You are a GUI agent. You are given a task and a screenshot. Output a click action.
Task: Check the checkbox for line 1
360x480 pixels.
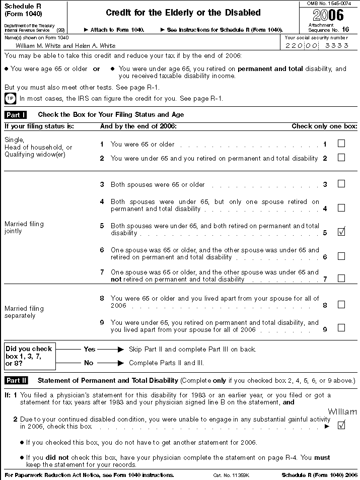(341, 144)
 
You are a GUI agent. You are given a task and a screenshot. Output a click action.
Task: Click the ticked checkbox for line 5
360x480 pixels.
(341, 232)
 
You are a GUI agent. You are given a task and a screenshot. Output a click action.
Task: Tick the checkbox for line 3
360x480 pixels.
(341, 184)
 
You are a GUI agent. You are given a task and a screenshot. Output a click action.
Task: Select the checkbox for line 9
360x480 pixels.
(341, 328)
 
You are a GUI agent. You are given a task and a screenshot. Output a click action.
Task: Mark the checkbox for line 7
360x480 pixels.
(341, 278)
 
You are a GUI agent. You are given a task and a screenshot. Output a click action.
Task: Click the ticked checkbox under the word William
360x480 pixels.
(341, 425)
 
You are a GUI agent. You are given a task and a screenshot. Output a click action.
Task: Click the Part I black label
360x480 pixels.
(16, 115)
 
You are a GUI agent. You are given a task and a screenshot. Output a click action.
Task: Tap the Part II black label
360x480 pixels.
(16, 380)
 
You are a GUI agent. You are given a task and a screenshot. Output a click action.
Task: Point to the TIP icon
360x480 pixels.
(10, 98)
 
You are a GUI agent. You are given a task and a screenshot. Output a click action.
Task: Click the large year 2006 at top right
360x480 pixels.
(329, 15)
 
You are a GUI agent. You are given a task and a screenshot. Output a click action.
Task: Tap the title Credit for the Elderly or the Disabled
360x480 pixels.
(183, 13)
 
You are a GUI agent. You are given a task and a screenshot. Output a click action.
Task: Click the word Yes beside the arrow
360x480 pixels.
(89, 349)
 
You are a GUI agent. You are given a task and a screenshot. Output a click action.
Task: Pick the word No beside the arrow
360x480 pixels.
(89, 362)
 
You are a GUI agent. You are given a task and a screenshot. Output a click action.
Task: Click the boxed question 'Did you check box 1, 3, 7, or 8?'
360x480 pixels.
(29, 356)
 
